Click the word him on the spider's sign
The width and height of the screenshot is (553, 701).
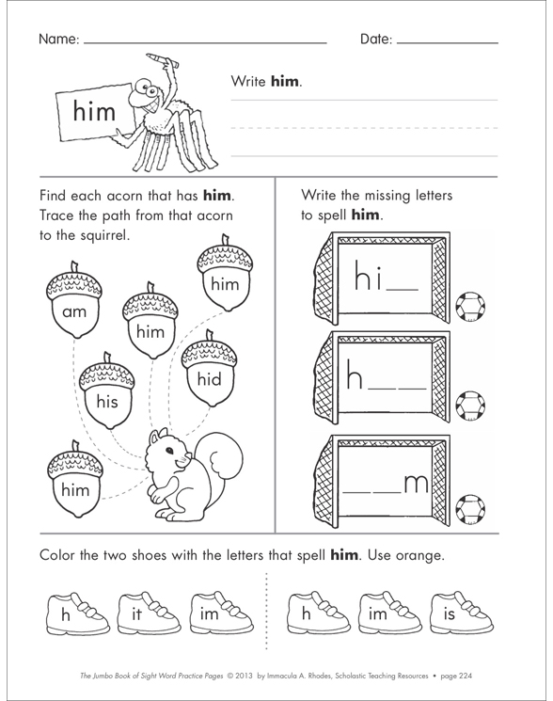[94, 113]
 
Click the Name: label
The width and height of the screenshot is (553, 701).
[59, 41]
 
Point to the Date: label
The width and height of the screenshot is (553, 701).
[375, 41]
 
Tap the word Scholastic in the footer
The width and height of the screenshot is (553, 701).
[339, 675]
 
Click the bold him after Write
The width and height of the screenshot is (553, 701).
[284, 82]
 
